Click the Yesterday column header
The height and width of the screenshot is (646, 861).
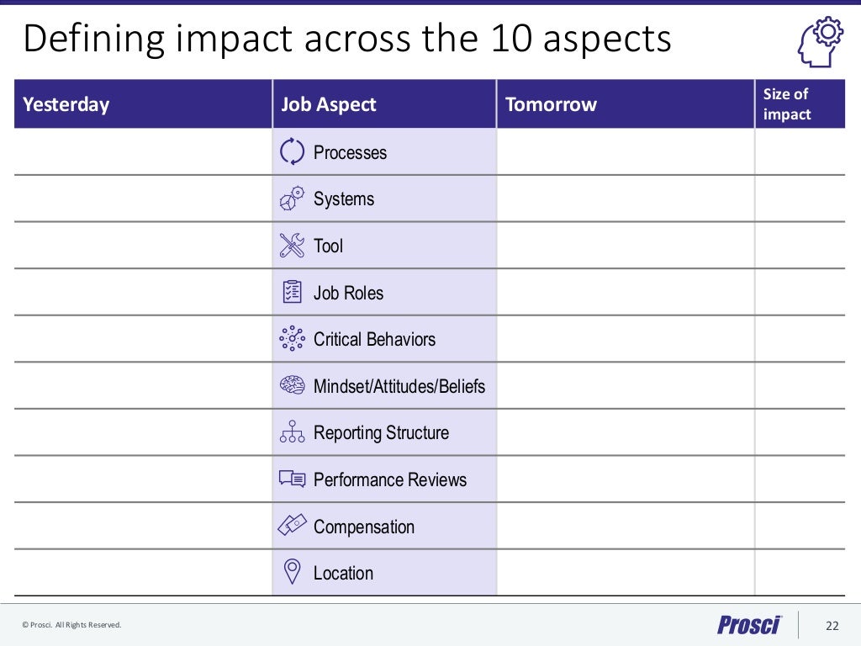tap(66, 104)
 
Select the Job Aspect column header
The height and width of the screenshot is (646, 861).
tap(329, 104)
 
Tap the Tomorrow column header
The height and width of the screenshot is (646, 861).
tap(551, 104)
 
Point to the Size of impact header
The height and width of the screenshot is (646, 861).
tap(787, 104)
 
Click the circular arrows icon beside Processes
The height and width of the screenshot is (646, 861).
tap(292, 151)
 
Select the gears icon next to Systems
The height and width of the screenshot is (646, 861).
tap(292, 199)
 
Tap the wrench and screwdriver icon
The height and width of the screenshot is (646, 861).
tap(292, 246)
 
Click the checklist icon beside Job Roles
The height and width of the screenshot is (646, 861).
tap(292, 292)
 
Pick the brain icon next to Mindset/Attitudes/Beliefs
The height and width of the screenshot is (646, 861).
tap(292, 385)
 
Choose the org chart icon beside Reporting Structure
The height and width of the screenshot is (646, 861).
tap(292, 432)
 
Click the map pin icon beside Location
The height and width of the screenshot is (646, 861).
tap(292, 572)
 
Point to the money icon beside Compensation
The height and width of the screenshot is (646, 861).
tap(292, 526)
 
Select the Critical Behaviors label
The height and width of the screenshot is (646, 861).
tap(374, 339)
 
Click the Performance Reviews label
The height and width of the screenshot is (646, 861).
tap(389, 479)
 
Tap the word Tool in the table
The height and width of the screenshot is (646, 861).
tap(328, 246)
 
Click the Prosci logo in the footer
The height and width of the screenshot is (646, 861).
tap(749, 624)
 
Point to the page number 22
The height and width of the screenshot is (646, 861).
tap(832, 625)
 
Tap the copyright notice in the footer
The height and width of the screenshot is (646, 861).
tap(71, 625)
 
